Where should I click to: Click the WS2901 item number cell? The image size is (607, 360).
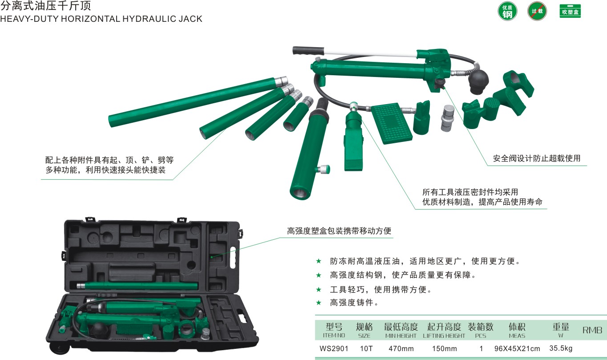(334, 348)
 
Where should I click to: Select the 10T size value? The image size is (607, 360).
(366, 348)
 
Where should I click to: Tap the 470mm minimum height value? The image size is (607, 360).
(401, 348)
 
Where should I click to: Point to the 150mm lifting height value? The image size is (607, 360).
(445, 348)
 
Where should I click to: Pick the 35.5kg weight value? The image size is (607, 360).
(561, 348)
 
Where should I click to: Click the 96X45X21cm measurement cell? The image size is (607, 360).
(517, 348)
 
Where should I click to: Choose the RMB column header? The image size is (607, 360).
(592, 330)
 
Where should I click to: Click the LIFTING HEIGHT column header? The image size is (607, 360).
(444, 336)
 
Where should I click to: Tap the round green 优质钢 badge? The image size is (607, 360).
(507, 12)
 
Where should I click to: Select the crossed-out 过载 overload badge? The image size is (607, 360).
(537, 11)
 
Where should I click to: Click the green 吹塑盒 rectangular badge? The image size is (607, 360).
(570, 11)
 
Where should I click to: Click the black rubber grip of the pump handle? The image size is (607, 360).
(308, 51)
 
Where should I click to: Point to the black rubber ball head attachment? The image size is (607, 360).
(478, 81)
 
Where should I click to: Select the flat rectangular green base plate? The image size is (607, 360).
(391, 123)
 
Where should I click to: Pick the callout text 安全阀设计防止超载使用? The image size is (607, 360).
(537, 158)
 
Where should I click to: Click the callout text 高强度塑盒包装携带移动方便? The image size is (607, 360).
(339, 231)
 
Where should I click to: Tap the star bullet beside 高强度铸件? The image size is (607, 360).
(319, 303)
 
